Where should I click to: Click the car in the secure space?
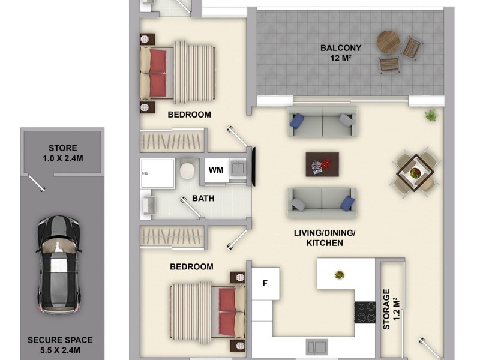(x=58, y=264)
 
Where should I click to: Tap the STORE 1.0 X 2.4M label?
(x=63, y=154)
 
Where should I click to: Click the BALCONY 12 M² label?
(x=340, y=53)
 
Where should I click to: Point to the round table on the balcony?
(x=388, y=42)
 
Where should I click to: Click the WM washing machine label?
(x=216, y=170)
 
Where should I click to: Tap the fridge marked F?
(x=265, y=283)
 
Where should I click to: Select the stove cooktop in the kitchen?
(x=364, y=312)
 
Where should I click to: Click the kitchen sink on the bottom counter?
(x=316, y=347)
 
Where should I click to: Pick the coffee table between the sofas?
(x=322, y=164)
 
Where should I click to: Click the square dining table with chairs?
(x=415, y=172)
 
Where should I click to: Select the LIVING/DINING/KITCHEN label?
(x=319, y=238)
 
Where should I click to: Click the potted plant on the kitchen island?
(x=340, y=275)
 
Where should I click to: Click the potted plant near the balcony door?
(x=430, y=115)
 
